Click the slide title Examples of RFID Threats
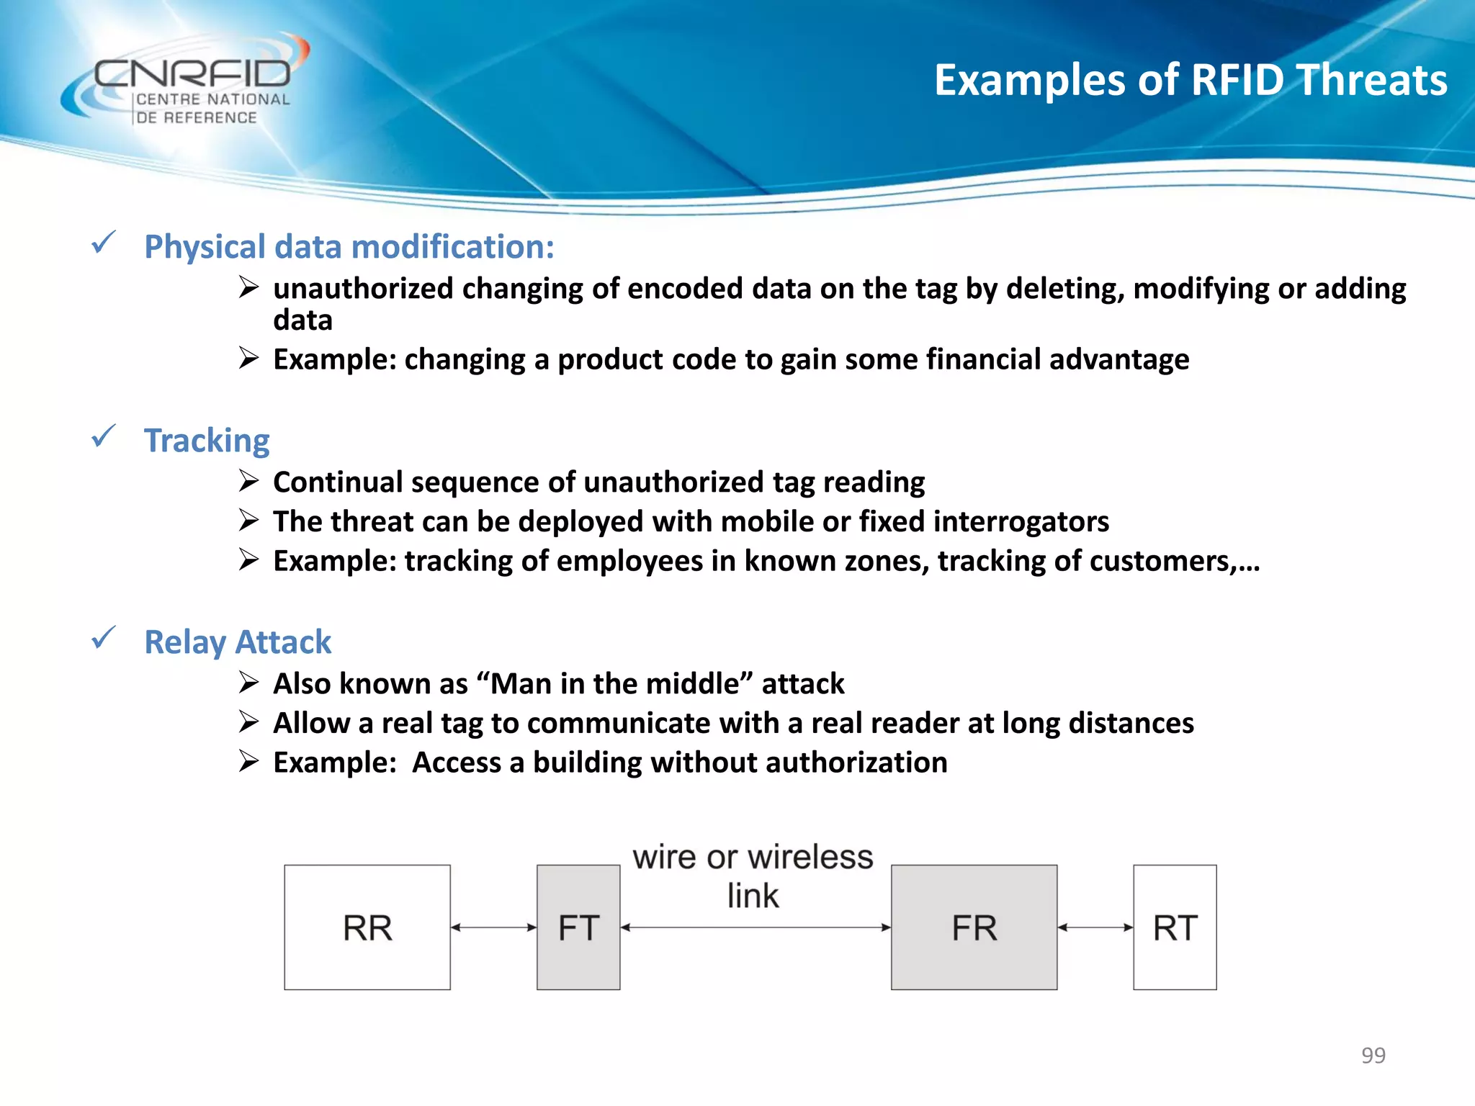(x=1190, y=79)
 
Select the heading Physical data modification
(x=349, y=247)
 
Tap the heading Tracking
(x=207, y=441)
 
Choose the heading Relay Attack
(x=238, y=642)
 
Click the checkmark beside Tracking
(x=104, y=436)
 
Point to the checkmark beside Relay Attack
(x=104, y=638)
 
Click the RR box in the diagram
(x=367, y=927)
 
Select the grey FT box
(x=578, y=927)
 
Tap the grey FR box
(x=974, y=927)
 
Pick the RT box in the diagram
(x=1175, y=927)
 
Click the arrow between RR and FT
(x=493, y=927)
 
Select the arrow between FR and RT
(x=1095, y=927)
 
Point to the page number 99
(x=1373, y=1055)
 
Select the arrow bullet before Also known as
(x=248, y=682)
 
